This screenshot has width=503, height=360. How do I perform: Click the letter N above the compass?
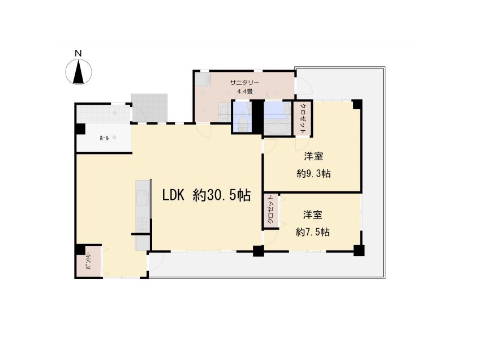coord(78,53)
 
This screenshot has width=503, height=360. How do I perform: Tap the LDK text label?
coord(173,195)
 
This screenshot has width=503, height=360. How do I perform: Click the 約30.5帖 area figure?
coord(222,195)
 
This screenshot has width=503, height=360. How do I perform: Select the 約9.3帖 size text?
coord(313,174)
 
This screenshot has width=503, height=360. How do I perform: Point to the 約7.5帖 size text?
coord(312,232)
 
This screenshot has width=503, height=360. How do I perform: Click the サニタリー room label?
coord(245,83)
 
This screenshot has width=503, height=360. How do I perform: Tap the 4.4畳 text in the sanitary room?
coord(245,92)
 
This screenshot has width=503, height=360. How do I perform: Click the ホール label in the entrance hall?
coord(104,138)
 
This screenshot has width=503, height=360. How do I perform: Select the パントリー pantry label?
coord(89,262)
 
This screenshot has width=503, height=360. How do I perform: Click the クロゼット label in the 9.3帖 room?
coord(303,118)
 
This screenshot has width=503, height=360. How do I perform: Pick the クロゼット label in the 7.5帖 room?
coord(271,210)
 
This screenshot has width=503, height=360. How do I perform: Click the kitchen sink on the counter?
coord(143,198)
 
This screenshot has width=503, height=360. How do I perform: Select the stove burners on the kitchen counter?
coord(142,222)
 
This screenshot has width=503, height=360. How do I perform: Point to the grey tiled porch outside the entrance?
coord(149,108)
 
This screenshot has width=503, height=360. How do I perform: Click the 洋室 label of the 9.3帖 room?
coord(313,157)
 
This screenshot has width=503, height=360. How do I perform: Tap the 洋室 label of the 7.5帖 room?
coord(313,215)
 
